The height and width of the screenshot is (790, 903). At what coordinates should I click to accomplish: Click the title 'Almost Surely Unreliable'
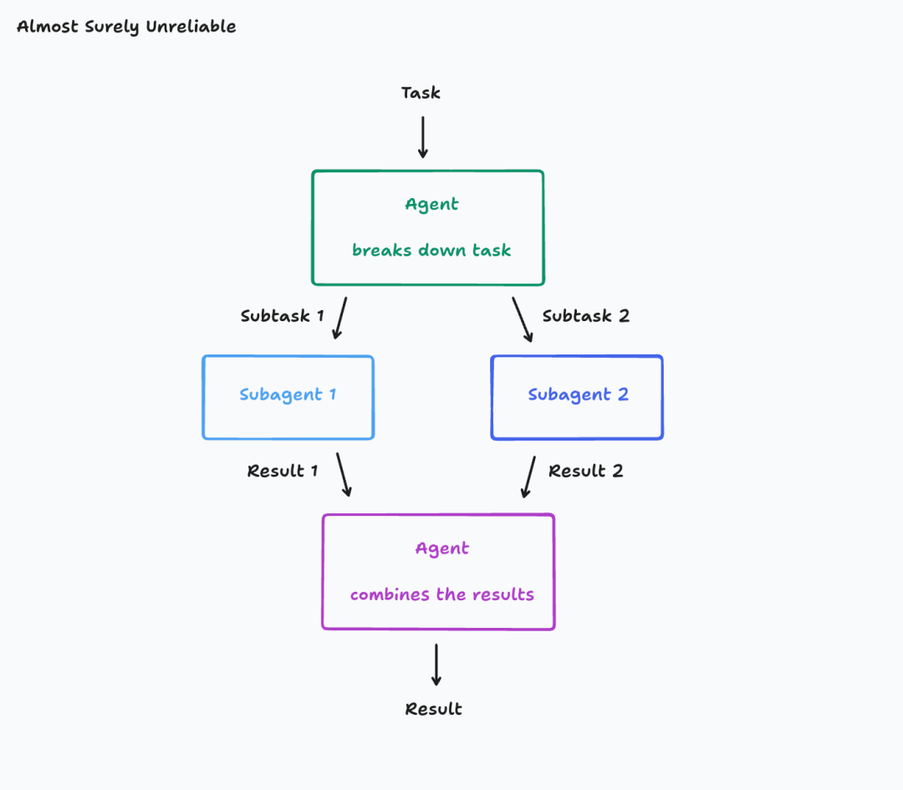pyautogui.click(x=126, y=27)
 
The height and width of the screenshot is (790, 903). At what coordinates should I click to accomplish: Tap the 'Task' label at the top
pyautogui.click(x=421, y=93)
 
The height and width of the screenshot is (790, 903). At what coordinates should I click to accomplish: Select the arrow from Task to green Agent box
pyautogui.click(x=423, y=137)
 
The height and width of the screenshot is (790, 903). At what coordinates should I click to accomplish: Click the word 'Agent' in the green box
pyautogui.click(x=431, y=205)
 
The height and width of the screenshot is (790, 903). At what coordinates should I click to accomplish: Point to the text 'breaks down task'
pyautogui.click(x=431, y=250)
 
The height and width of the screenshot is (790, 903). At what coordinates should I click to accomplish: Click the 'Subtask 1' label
pyautogui.click(x=282, y=316)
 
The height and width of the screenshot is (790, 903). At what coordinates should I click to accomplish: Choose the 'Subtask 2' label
pyautogui.click(x=585, y=316)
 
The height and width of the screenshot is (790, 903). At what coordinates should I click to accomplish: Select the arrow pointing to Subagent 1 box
pyautogui.click(x=340, y=319)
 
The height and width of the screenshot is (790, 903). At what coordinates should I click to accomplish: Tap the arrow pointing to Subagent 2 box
pyautogui.click(x=523, y=319)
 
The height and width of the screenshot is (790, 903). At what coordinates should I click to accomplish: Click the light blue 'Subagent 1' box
pyautogui.click(x=288, y=397)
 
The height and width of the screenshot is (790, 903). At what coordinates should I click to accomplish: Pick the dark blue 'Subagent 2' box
pyautogui.click(x=577, y=397)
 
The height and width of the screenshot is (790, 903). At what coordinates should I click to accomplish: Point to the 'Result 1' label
pyautogui.click(x=283, y=471)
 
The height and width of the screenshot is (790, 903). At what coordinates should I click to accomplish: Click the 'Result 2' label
pyautogui.click(x=585, y=471)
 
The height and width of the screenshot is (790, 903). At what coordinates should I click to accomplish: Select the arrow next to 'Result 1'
pyautogui.click(x=344, y=475)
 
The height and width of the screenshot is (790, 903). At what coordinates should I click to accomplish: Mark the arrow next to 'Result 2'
pyautogui.click(x=528, y=477)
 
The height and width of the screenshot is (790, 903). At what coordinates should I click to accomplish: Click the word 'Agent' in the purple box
pyautogui.click(x=442, y=549)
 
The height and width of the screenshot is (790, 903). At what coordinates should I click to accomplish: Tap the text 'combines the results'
pyautogui.click(x=441, y=595)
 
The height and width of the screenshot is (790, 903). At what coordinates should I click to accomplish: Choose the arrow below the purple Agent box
pyautogui.click(x=436, y=665)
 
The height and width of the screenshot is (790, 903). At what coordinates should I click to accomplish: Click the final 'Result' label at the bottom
pyautogui.click(x=433, y=709)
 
